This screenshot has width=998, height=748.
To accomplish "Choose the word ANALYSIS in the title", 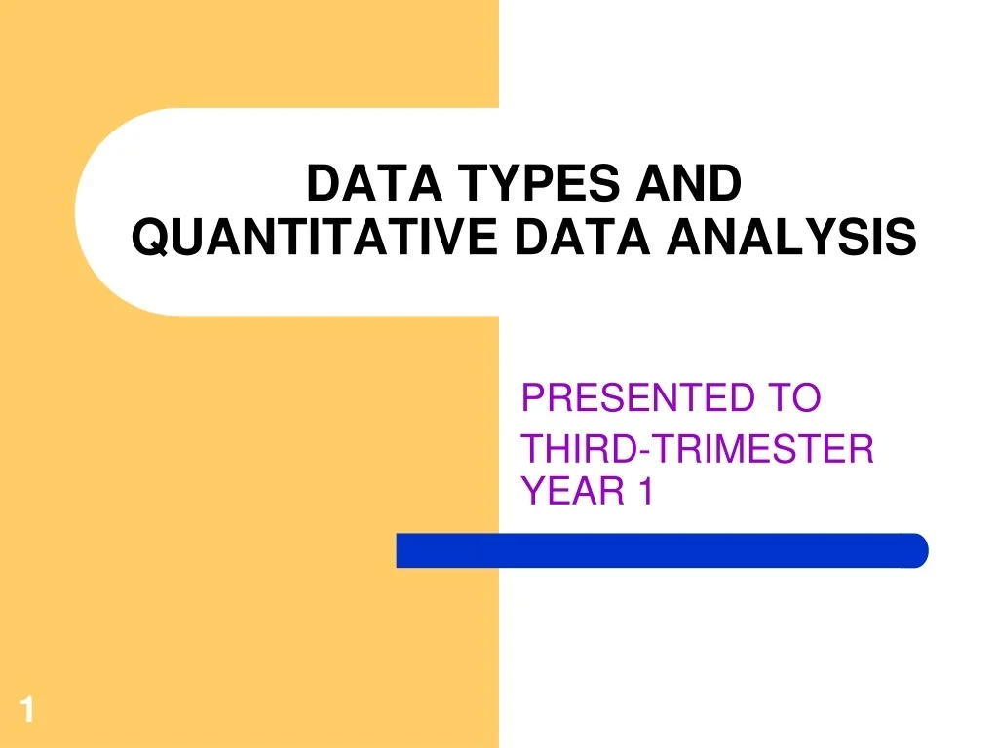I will (x=790, y=237).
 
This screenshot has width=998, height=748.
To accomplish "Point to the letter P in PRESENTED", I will (x=532, y=397).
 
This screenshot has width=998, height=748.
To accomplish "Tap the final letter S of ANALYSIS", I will (x=903, y=237).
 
